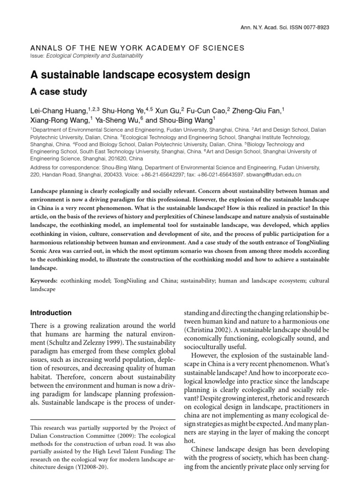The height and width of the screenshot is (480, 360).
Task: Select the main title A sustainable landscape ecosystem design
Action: tap(140, 75)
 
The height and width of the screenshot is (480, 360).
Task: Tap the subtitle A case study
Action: tap(59, 92)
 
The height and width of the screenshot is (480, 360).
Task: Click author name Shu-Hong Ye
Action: tap(123, 111)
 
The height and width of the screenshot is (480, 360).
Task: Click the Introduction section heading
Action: tap(51, 313)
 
